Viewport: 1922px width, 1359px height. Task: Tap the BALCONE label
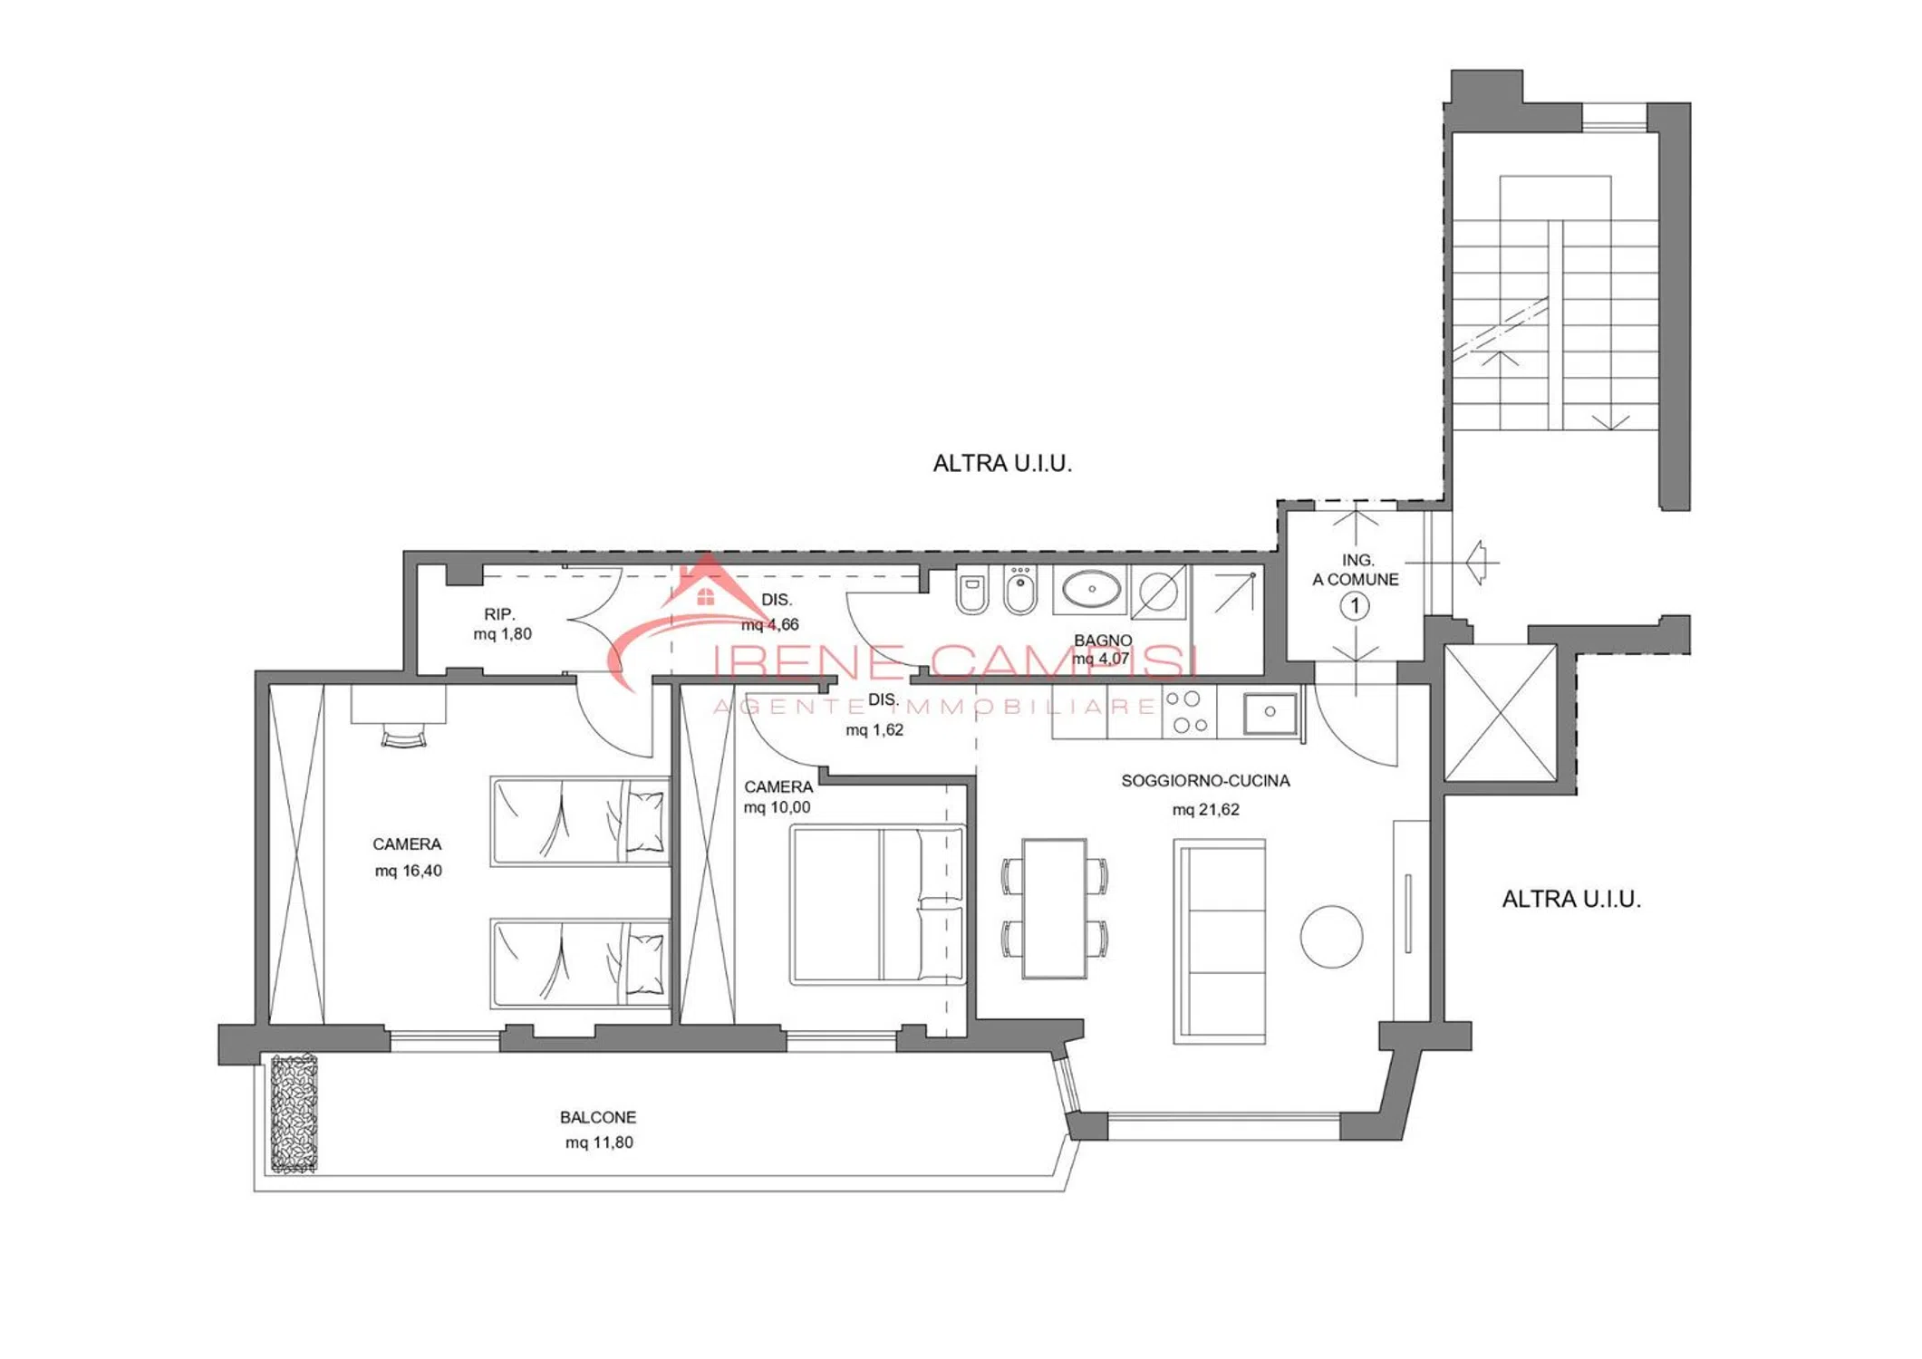click(598, 1117)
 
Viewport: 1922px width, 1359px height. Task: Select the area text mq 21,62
click(1205, 809)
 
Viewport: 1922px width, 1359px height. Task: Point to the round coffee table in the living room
click(1331, 936)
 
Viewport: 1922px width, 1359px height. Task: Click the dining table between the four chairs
click(1054, 908)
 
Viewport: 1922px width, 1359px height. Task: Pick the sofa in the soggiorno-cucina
click(1219, 941)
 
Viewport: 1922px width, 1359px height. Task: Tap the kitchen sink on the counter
click(1270, 712)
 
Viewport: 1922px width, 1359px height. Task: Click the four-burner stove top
click(1189, 712)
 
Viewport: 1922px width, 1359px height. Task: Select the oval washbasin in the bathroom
click(1092, 589)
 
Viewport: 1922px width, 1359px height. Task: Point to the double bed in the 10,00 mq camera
click(877, 904)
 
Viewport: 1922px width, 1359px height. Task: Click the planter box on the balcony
click(294, 1113)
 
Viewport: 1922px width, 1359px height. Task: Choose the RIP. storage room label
click(499, 614)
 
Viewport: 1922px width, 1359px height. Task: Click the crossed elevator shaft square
click(1500, 712)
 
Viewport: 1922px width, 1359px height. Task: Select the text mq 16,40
click(409, 871)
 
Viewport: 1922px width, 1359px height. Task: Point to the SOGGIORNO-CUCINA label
click(1205, 781)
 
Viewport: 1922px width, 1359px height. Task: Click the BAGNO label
click(1103, 640)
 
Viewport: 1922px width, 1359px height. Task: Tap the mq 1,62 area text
click(874, 729)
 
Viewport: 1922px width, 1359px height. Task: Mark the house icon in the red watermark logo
click(706, 596)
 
